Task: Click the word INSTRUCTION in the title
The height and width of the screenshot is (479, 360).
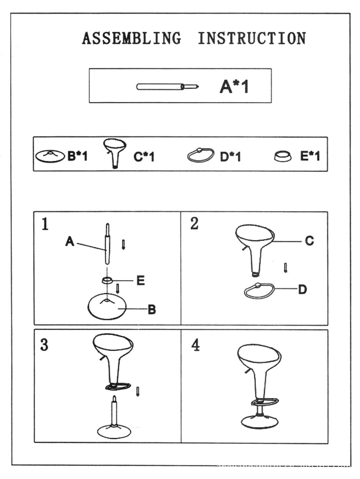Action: (252, 38)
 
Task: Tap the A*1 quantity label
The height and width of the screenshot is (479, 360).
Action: (234, 87)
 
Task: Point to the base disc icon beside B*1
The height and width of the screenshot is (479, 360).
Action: (50, 156)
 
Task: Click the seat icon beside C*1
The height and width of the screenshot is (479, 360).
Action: (115, 152)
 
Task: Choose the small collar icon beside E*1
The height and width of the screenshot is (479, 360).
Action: (282, 157)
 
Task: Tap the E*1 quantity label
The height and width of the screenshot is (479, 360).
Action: (310, 156)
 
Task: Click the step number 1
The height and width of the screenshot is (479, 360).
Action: (44, 225)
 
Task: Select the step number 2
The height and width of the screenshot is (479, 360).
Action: (194, 224)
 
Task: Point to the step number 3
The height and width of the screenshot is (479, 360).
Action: (44, 345)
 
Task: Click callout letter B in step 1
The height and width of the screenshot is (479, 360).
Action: (151, 309)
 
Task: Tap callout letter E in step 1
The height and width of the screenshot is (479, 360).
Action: (140, 281)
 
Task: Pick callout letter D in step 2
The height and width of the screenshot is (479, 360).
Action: (302, 290)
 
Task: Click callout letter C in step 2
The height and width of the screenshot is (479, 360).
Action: (309, 241)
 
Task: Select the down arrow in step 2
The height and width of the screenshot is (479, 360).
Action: (285, 268)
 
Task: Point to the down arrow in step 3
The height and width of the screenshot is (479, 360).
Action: (138, 391)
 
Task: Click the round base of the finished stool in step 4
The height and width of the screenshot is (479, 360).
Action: (259, 421)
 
